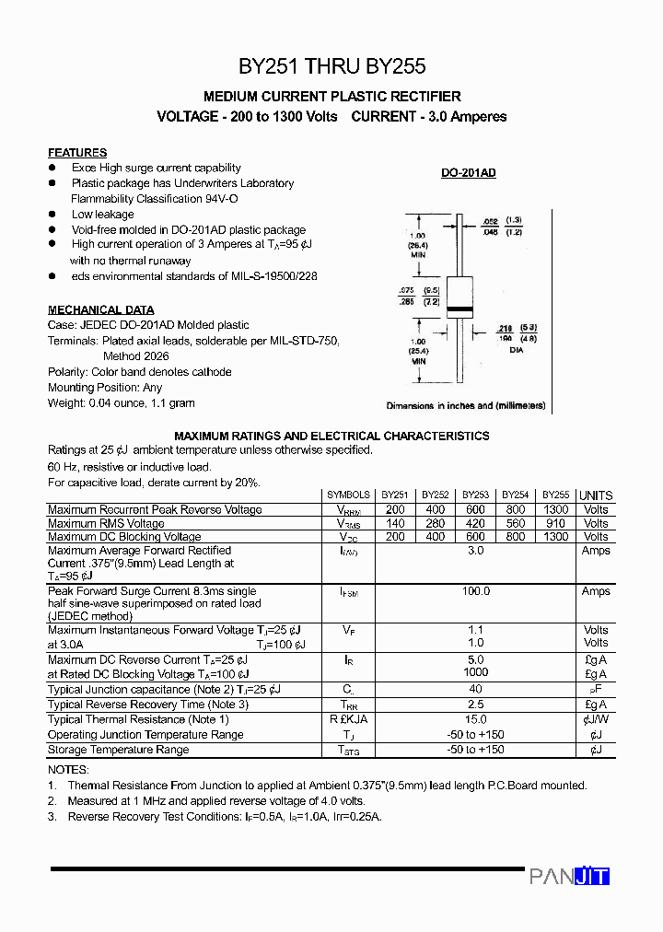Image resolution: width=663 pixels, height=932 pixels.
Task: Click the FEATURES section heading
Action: tap(77, 153)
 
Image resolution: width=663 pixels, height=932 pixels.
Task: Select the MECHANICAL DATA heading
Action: tap(101, 310)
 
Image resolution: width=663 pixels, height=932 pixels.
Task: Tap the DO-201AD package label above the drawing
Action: tap(468, 173)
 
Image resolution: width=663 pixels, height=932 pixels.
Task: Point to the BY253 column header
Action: tap(475, 495)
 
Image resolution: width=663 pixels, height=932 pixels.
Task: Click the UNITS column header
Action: tap(596, 495)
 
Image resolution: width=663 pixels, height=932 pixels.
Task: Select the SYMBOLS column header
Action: tap(349, 495)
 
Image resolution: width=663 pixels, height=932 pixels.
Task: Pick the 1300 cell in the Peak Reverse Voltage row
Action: tap(555, 509)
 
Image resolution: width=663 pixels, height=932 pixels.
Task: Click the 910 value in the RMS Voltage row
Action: tap(555, 523)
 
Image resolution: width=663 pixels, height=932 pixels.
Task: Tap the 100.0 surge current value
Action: tap(475, 591)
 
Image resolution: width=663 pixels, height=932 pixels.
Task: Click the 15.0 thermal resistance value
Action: tap(475, 719)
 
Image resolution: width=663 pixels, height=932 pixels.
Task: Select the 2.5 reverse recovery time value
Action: tap(475, 705)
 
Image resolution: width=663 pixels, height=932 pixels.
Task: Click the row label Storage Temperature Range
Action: tap(118, 750)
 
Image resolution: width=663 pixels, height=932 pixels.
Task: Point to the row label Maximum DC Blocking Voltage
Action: tap(124, 537)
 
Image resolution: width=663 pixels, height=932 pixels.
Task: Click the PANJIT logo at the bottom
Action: tap(569, 877)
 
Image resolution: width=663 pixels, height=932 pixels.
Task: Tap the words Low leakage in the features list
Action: tap(103, 215)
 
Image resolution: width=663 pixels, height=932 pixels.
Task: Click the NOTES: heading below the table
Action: tap(68, 769)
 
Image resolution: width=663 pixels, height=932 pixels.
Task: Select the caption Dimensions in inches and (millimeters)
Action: tap(466, 406)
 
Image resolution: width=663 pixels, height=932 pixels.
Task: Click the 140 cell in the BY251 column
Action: tap(395, 523)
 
